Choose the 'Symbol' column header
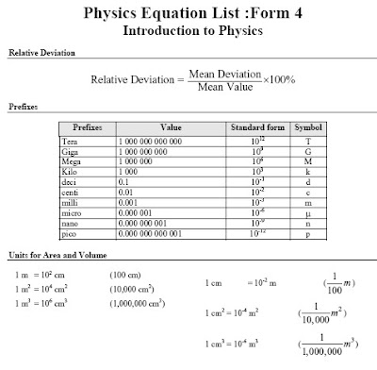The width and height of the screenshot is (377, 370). click(x=308, y=126)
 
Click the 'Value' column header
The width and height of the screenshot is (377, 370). click(x=171, y=126)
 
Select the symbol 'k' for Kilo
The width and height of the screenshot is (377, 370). click(x=308, y=171)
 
